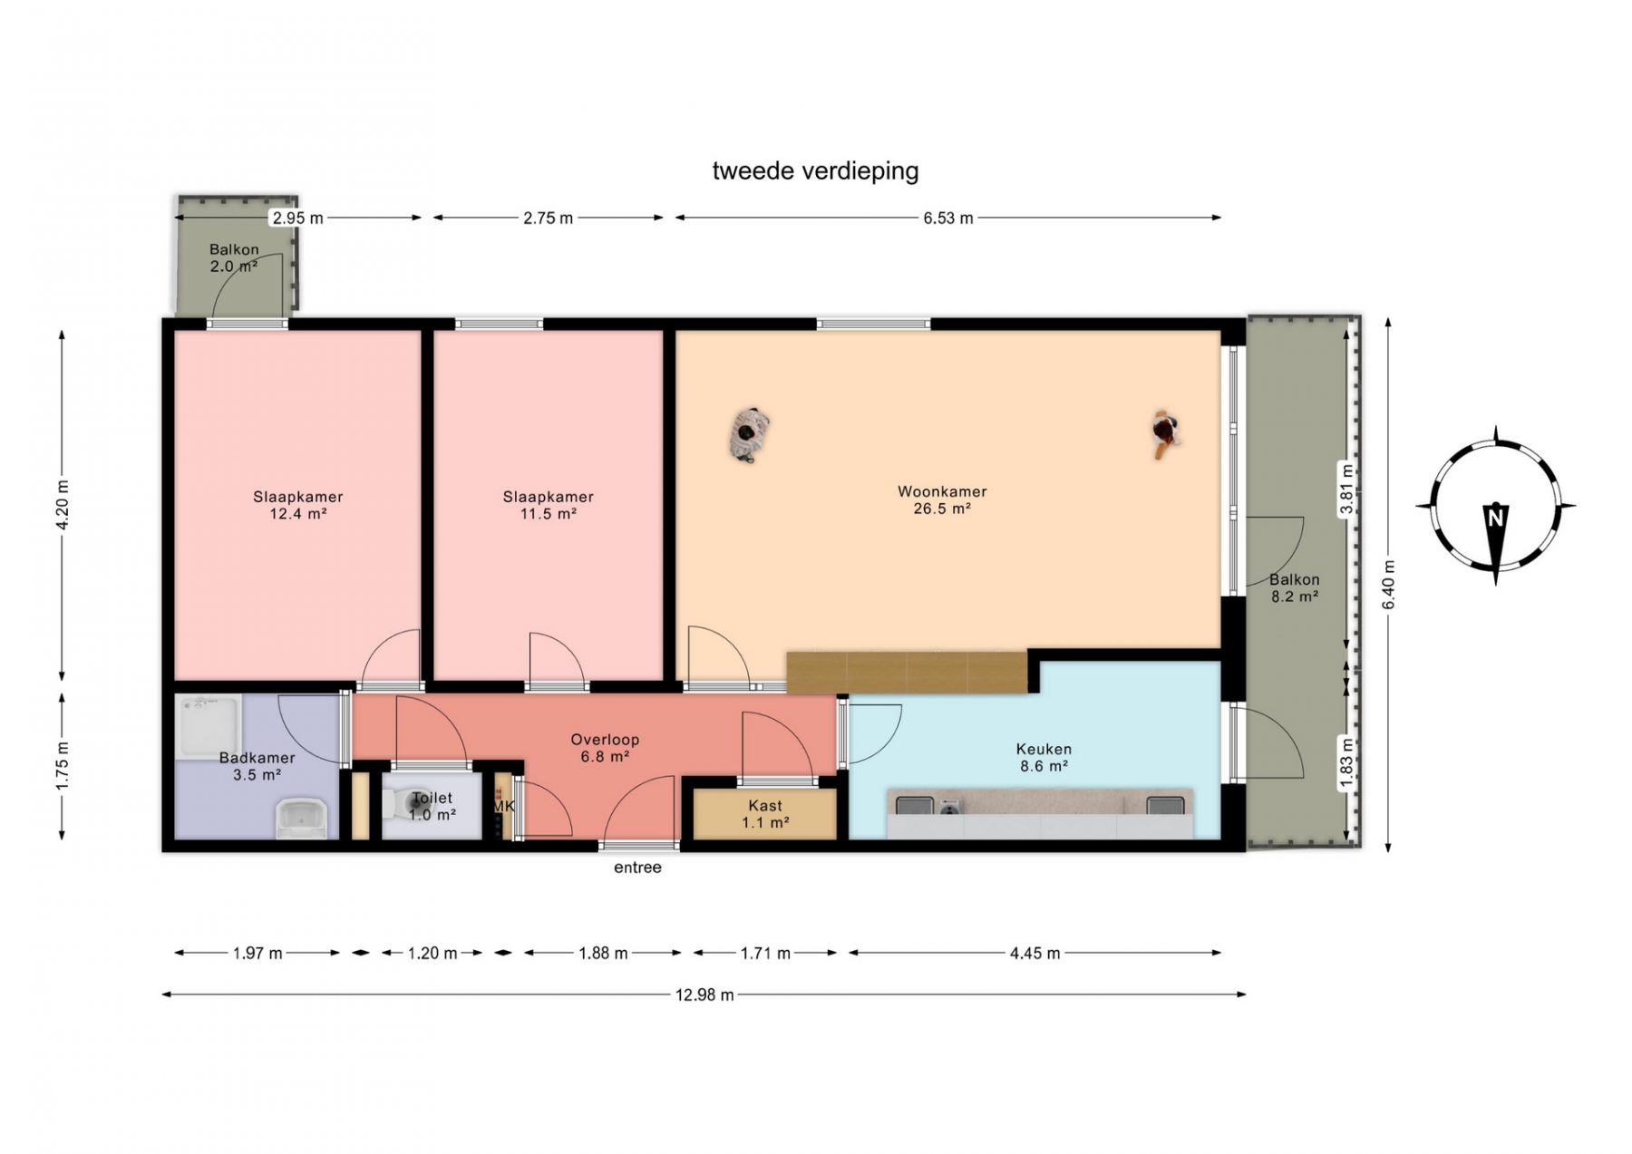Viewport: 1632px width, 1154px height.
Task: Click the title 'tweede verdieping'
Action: point(815,170)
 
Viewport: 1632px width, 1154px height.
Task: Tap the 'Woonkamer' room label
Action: point(942,491)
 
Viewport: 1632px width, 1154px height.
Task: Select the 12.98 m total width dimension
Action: point(704,994)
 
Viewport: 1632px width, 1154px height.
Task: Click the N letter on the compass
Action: point(1495,518)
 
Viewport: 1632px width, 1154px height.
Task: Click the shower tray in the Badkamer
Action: point(208,726)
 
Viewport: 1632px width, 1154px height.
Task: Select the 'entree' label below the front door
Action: point(637,868)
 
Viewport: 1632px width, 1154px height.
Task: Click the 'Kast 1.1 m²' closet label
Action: point(765,814)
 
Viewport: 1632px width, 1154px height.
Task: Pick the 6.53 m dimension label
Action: point(948,218)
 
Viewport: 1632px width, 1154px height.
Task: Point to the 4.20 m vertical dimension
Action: point(62,505)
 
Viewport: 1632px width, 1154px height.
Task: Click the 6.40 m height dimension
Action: point(1388,585)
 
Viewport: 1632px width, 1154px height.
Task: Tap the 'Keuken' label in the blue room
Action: point(1044,749)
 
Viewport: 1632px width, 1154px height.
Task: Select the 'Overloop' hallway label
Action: point(605,740)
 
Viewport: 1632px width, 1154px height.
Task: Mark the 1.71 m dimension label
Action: point(765,953)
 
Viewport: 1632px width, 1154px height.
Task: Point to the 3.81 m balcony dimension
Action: point(1346,489)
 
